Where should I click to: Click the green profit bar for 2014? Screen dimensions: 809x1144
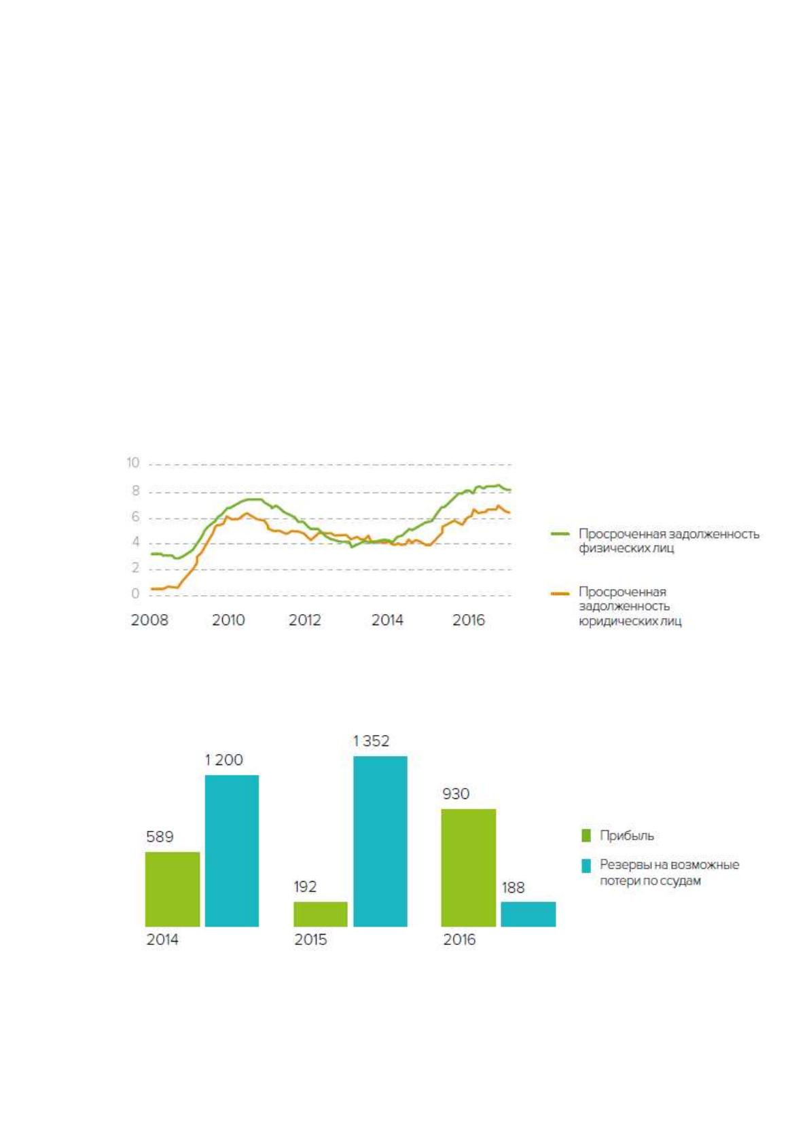pyautogui.click(x=172, y=889)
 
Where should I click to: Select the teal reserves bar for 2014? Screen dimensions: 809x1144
pyautogui.click(x=232, y=851)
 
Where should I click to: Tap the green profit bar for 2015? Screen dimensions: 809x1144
pyautogui.click(x=320, y=914)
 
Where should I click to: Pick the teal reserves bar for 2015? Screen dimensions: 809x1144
pyautogui.click(x=380, y=840)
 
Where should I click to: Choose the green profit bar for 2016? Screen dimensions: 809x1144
pyautogui.click(x=468, y=868)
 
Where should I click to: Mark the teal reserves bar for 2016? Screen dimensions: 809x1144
pyautogui.click(x=528, y=914)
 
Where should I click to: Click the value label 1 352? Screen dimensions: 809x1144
pyautogui.click(x=372, y=741)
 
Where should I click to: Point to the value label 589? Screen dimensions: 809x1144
pyautogui.click(x=160, y=836)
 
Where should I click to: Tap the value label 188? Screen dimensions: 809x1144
pyautogui.click(x=513, y=888)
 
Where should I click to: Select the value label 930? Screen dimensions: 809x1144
pyautogui.click(x=456, y=793)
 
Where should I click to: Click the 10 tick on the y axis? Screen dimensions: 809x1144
pyautogui.click(x=132, y=463)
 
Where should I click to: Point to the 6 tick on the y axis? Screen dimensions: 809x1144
pyautogui.click(x=135, y=517)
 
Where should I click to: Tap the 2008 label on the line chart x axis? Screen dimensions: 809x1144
pyautogui.click(x=149, y=620)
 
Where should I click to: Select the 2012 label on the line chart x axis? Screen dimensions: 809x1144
pyautogui.click(x=305, y=620)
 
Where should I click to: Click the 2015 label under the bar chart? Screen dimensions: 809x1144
pyautogui.click(x=310, y=940)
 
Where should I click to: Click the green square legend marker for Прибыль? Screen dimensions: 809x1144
pyautogui.click(x=586, y=836)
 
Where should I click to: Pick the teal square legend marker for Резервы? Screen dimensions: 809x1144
pyautogui.click(x=586, y=865)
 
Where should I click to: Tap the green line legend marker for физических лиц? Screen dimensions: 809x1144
pyautogui.click(x=560, y=534)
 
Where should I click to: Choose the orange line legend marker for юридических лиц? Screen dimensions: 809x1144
pyautogui.click(x=560, y=594)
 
